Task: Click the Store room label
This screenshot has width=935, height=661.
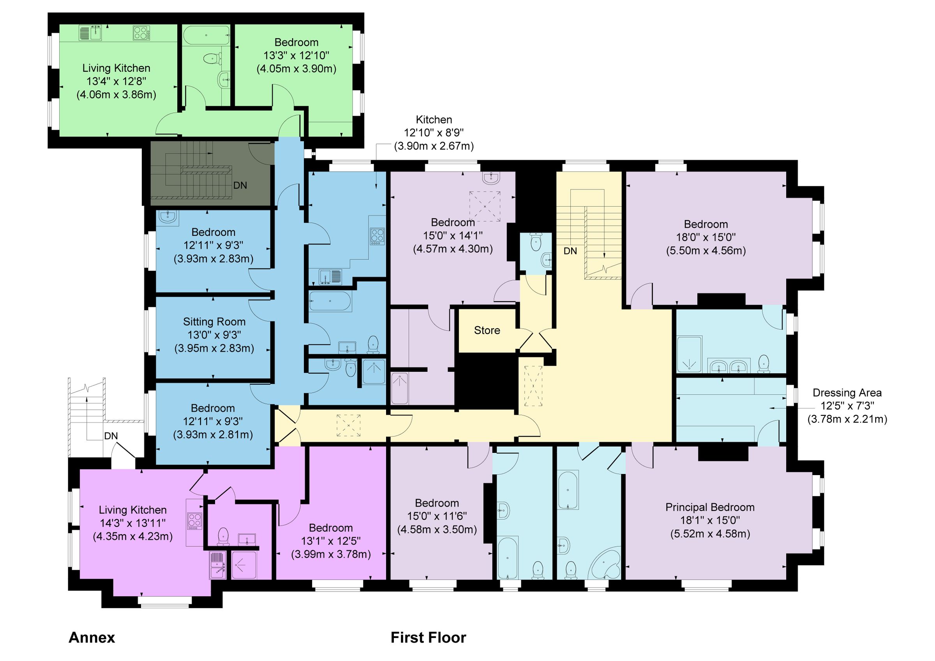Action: click(x=487, y=330)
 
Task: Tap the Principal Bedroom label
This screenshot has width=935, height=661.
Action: click(x=710, y=507)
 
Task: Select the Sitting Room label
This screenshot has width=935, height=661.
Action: click(x=214, y=322)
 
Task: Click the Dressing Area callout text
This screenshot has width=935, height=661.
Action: click(x=847, y=393)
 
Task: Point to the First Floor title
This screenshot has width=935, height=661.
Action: click(x=428, y=637)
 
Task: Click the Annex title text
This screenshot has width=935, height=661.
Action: click(x=92, y=637)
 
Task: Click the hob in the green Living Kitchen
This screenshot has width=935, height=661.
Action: click(x=141, y=33)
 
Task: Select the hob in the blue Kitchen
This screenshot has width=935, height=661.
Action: click(x=377, y=236)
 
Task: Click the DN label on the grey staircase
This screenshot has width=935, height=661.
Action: click(x=240, y=185)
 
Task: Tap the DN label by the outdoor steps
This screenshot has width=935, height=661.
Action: click(x=111, y=436)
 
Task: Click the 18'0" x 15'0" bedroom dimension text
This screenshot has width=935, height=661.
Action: click(x=706, y=237)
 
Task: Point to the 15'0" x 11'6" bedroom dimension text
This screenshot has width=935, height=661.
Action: click(x=437, y=516)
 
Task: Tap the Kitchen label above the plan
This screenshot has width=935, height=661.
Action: click(x=434, y=120)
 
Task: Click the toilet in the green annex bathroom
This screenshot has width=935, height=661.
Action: click(x=210, y=58)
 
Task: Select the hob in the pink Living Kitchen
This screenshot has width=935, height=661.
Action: click(x=194, y=520)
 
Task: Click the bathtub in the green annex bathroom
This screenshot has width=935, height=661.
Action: click(x=206, y=35)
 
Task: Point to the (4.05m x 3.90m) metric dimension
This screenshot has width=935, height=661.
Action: click(x=296, y=69)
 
